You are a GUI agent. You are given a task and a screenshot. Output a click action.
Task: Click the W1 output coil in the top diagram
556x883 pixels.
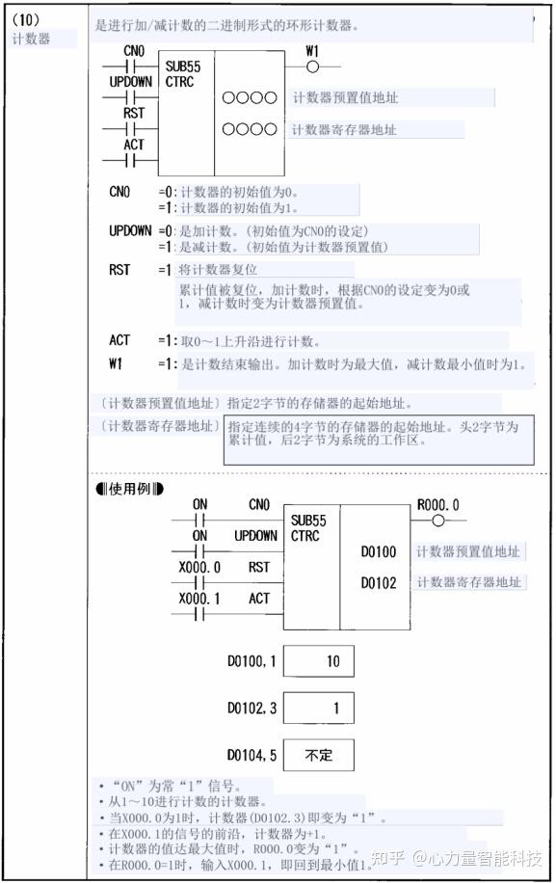[311, 67]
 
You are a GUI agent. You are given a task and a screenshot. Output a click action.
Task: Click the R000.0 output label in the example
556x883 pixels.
[438, 505]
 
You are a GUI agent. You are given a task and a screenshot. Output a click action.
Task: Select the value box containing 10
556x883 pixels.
[319, 661]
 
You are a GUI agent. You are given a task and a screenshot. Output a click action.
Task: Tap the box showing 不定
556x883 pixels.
[319, 755]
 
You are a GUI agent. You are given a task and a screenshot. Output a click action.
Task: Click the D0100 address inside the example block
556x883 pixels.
[379, 552]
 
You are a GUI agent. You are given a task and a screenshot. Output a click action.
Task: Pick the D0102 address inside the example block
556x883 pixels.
[379, 583]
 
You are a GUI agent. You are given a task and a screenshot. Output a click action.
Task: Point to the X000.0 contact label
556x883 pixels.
[199, 568]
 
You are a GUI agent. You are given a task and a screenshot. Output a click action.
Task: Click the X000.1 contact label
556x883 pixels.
[199, 599]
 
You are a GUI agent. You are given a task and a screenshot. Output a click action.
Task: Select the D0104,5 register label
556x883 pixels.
[252, 755]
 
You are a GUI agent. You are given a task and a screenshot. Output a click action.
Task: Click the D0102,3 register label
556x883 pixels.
[252, 709]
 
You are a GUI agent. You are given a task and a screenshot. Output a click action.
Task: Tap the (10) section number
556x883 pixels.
[26, 19]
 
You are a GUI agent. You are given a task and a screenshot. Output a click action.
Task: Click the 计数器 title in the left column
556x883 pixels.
[31, 39]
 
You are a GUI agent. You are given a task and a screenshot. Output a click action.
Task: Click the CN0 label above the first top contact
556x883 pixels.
[134, 50]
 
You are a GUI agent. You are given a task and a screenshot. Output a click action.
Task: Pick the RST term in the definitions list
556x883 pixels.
[119, 270]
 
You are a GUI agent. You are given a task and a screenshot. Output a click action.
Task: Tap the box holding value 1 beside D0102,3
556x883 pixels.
[319, 709]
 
